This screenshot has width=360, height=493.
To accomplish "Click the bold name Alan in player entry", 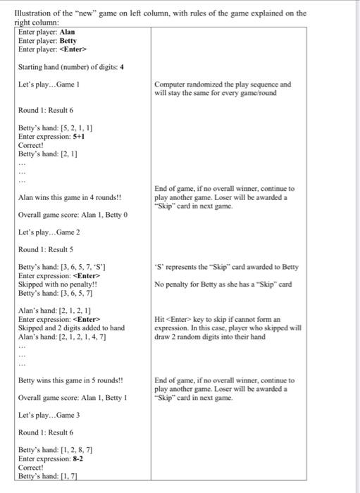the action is [x=68, y=32].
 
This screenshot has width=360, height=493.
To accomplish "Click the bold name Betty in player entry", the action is [x=68, y=41].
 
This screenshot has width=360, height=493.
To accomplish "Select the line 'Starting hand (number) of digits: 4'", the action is [x=71, y=67].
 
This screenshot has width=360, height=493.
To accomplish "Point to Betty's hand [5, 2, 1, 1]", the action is [x=56, y=128].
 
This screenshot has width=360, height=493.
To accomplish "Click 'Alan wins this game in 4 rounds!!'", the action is [x=70, y=198].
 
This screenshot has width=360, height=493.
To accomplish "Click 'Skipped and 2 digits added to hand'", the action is [x=71, y=327].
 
